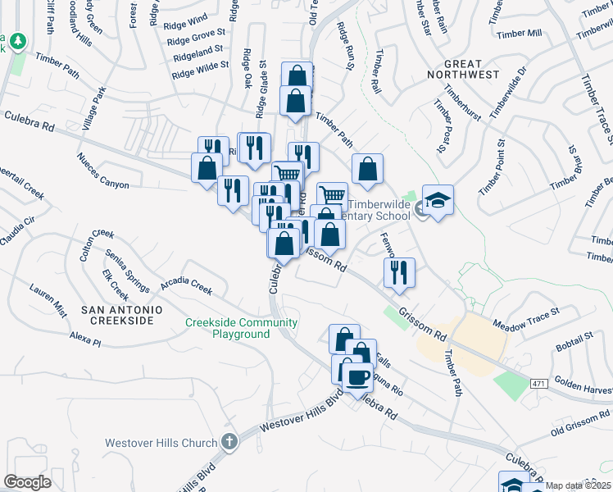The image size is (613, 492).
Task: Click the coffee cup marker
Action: coord(357,378)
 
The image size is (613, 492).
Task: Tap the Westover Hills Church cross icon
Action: coord(229,441)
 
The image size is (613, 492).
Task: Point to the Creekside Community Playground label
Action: coord(241,328)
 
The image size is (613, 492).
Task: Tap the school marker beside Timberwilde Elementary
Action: coord(438,202)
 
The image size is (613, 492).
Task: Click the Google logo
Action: coord(27,481)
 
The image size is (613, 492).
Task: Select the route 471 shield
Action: coord(537,383)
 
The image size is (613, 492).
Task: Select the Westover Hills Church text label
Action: coord(161,444)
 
